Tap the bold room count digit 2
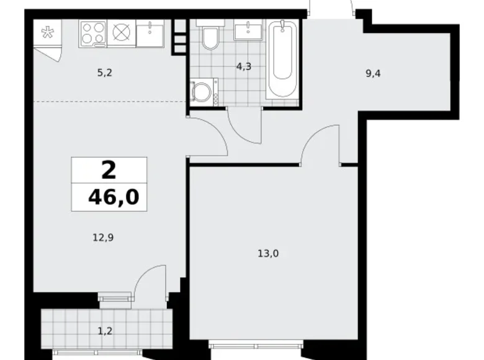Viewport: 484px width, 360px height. pyautogui.click(x=109, y=169)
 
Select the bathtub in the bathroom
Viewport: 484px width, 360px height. pyautogui.click(x=283, y=59)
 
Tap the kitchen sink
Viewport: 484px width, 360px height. pyautogui.click(x=150, y=34)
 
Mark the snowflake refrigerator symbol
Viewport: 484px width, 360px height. pyautogui.click(x=47, y=34)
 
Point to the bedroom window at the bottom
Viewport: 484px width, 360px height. pyautogui.click(x=256, y=344)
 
